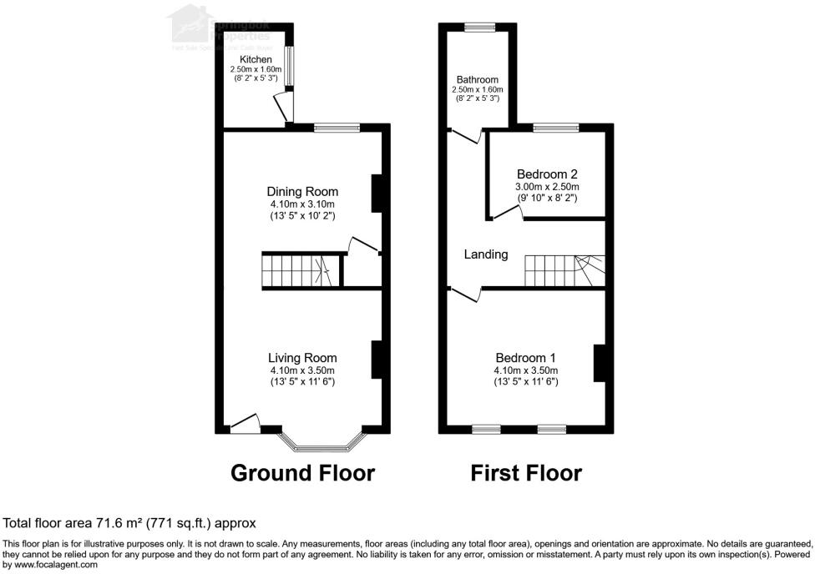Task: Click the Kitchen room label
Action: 256,60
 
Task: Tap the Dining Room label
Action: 302,192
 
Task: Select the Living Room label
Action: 302,358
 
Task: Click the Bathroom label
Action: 477,80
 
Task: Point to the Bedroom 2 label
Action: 546,174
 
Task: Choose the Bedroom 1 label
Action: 525,358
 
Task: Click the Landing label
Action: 486,254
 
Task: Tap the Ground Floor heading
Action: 302,473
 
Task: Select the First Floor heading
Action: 525,473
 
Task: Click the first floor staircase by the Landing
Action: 564,271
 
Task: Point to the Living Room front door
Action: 245,425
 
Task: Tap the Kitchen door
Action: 283,108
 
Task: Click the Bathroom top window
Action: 479,28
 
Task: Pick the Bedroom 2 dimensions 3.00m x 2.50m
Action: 546,187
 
